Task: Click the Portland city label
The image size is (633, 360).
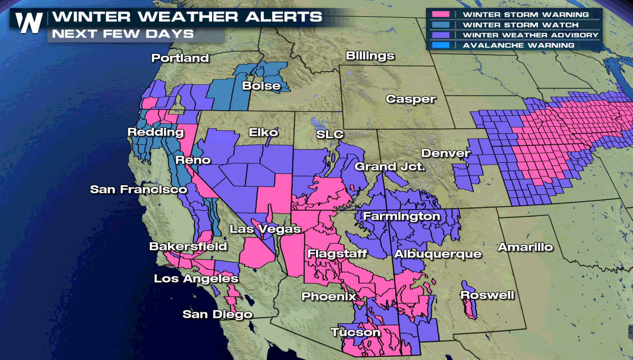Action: point(180,58)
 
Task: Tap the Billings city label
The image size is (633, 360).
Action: point(370,56)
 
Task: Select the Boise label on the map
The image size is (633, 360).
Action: point(261,86)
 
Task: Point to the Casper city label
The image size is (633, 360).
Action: point(411,99)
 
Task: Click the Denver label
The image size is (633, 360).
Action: point(445,153)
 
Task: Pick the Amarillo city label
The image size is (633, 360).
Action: point(525,247)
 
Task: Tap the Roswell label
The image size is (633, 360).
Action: point(487,295)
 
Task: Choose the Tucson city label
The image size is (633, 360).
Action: point(355,332)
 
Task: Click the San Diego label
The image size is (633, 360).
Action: point(217,314)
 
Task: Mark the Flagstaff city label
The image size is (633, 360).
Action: point(337,254)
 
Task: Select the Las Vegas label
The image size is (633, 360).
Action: point(265,229)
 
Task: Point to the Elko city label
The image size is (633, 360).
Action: point(263,132)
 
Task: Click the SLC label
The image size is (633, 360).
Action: point(330,134)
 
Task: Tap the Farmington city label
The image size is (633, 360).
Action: point(401,216)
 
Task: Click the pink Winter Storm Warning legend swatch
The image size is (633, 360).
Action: point(440,14)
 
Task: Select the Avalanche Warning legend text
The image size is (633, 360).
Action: point(518,45)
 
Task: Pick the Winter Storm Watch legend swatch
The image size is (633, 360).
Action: point(440,25)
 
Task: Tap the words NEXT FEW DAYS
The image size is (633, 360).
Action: point(122,34)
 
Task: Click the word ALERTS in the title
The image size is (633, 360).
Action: point(284,17)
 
